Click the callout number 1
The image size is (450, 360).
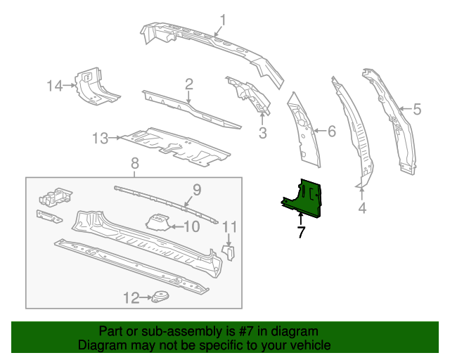[223, 19]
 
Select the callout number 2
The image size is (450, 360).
[189, 85]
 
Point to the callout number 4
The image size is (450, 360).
[362, 208]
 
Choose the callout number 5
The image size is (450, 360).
[417, 109]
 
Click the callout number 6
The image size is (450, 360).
[332, 130]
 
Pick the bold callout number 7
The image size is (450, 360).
[301, 232]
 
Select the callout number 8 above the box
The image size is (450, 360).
[135, 164]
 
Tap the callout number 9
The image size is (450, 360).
[197, 188]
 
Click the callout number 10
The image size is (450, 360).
[191, 226]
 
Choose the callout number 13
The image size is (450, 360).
[99, 138]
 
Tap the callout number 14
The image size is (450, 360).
[55, 86]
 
